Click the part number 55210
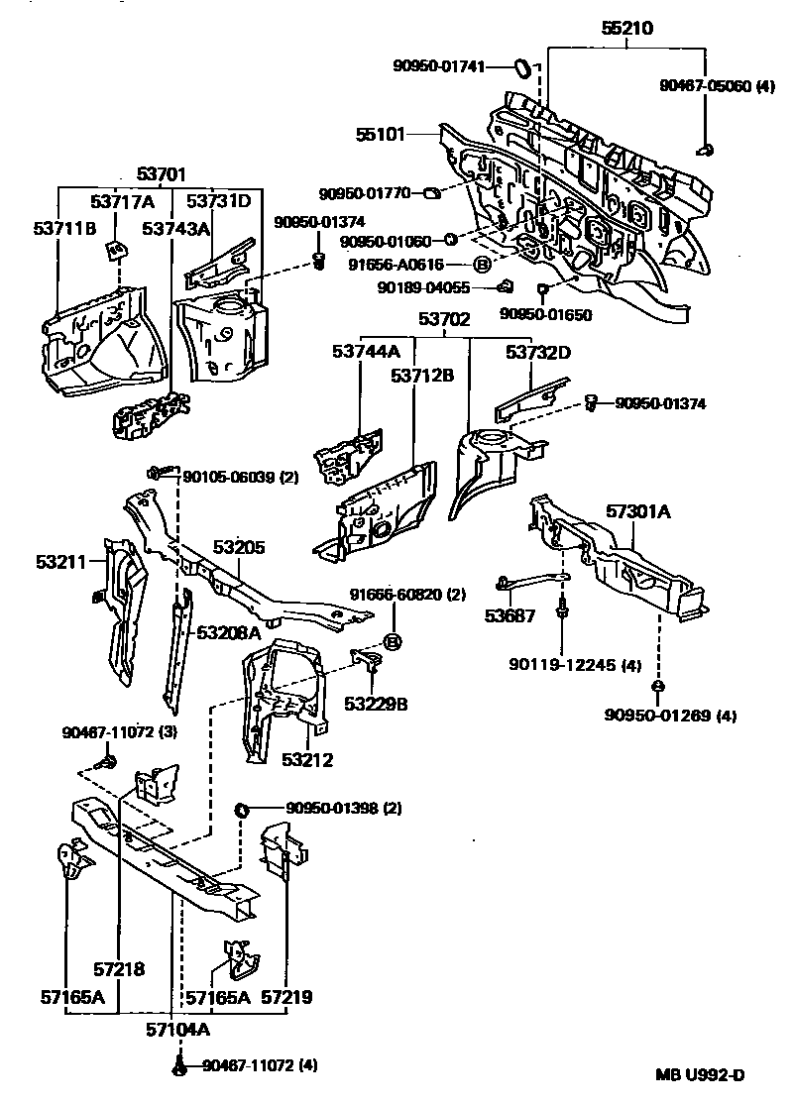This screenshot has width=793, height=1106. [x=626, y=29]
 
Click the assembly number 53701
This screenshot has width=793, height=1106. [x=161, y=175]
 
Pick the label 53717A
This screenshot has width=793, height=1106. [x=122, y=202]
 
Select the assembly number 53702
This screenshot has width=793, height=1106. [x=444, y=320]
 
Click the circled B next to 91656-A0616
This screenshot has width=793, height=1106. [x=482, y=265]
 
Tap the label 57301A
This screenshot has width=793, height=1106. [x=638, y=512]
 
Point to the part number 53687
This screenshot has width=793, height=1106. [x=510, y=615]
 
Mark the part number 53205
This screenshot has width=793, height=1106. [x=239, y=547]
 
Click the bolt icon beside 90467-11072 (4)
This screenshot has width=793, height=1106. [x=178, y=1067]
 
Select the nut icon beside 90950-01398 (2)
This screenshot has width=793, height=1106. [x=240, y=811]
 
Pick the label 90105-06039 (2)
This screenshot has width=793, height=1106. [x=241, y=478]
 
